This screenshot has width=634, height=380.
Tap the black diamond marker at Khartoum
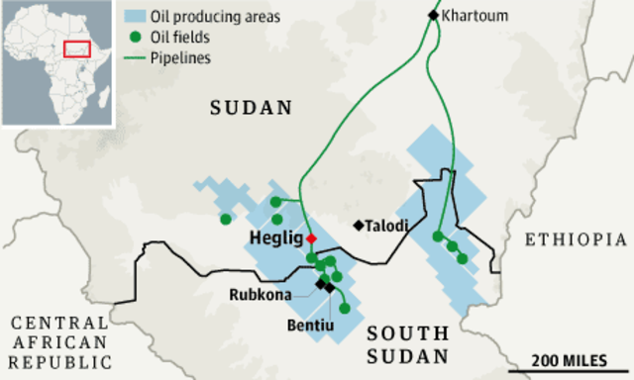tap(432, 15)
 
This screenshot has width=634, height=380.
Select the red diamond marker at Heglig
tap(311, 239)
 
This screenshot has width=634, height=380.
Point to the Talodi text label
tap(387, 226)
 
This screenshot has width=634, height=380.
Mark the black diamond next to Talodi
tap(358, 226)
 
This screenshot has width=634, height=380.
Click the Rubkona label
tap(261, 294)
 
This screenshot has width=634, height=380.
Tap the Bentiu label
tap(308, 325)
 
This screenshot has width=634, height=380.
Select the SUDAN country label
tap(252, 108)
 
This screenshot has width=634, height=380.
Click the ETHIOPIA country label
tap(576, 239)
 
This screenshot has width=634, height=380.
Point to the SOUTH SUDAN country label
tap(407, 344)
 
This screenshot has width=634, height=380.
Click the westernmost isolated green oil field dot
tap(226, 219)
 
